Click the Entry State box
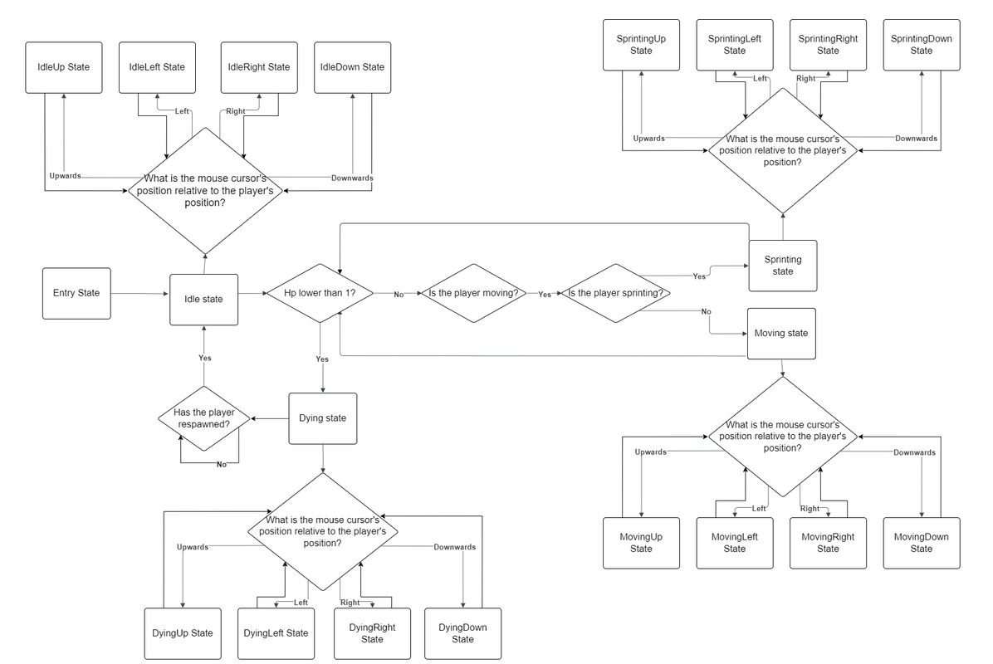pos(76,293)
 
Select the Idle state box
pos(203,299)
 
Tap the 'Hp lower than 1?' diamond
pos(320,293)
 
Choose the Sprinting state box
pos(782,266)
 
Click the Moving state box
pos(780,333)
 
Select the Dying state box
pos(322,417)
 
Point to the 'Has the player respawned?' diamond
pos(203,418)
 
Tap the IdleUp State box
pos(64,66)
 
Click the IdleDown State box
pos(352,66)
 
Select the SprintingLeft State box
pos(734,45)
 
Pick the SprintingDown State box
pos(921,45)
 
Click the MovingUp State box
pos(641,543)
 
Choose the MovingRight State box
pos(828,543)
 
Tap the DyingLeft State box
pos(276,633)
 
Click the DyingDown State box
pos(462,633)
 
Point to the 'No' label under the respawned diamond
pos(222,464)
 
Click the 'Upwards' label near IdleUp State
pos(66,177)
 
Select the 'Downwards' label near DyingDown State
pos(454,547)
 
